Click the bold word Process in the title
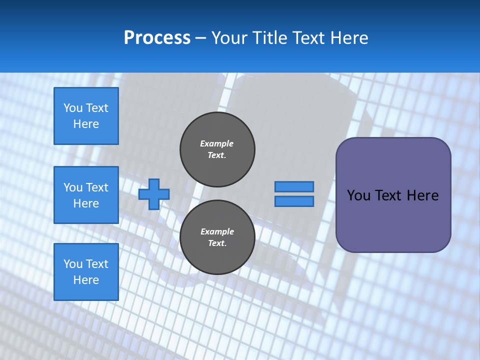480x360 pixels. (x=157, y=38)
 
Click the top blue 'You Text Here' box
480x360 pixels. (x=86, y=116)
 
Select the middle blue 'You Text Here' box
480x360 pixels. (x=86, y=195)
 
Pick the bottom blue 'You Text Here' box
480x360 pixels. (x=86, y=272)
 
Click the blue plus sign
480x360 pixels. (x=154, y=194)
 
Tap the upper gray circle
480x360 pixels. (x=217, y=149)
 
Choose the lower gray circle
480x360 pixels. (x=217, y=237)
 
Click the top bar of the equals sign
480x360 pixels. (x=294, y=186)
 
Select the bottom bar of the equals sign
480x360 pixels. (x=294, y=201)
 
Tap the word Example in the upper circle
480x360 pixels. (x=216, y=143)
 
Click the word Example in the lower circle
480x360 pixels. (x=217, y=231)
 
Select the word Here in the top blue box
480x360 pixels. (x=86, y=124)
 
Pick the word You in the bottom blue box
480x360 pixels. (x=73, y=264)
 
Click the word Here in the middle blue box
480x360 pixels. (x=86, y=203)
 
